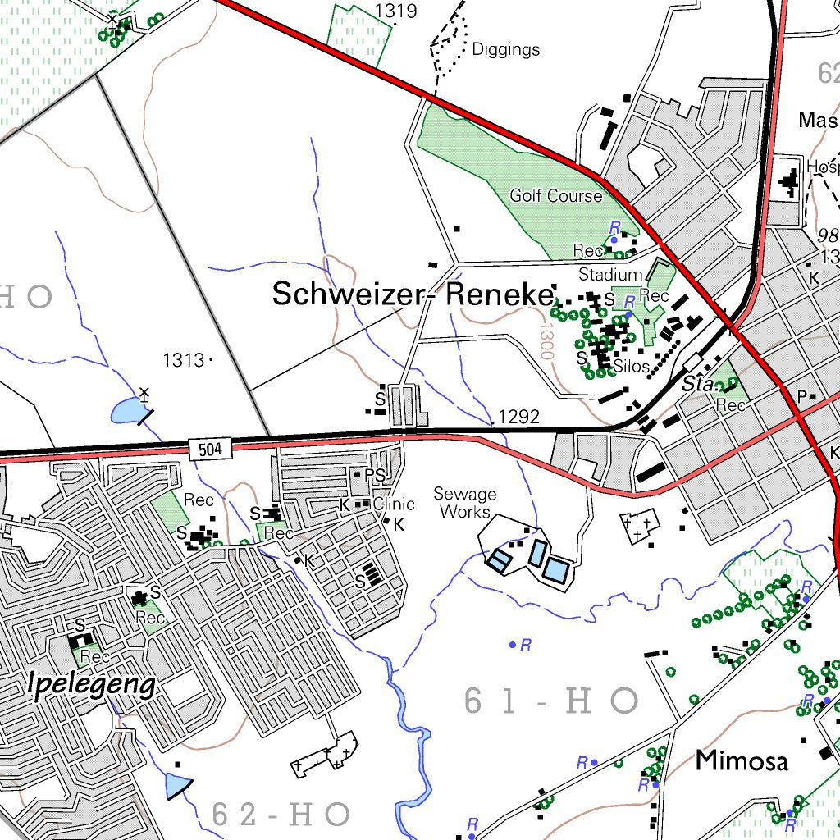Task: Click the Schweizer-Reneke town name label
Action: click(x=413, y=294)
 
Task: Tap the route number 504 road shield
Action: click(x=210, y=448)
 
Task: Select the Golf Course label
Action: click(x=555, y=196)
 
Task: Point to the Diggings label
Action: click(x=505, y=49)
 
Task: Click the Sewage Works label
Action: click(x=465, y=503)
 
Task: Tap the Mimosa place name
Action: click(x=742, y=760)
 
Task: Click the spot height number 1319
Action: click(x=395, y=11)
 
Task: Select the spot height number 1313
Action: click(x=183, y=360)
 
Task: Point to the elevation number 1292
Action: click(x=518, y=417)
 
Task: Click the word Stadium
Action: click(x=610, y=275)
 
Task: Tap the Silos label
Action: click(x=631, y=366)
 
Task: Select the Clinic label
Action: click(x=394, y=504)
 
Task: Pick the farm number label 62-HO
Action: click(x=281, y=815)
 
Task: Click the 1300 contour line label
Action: click(x=546, y=340)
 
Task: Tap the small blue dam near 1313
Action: click(x=126, y=410)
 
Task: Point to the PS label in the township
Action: click(x=374, y=476)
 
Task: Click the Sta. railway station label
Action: click(x=697, y=384)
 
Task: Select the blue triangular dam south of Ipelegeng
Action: click(x=177, y=786)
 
